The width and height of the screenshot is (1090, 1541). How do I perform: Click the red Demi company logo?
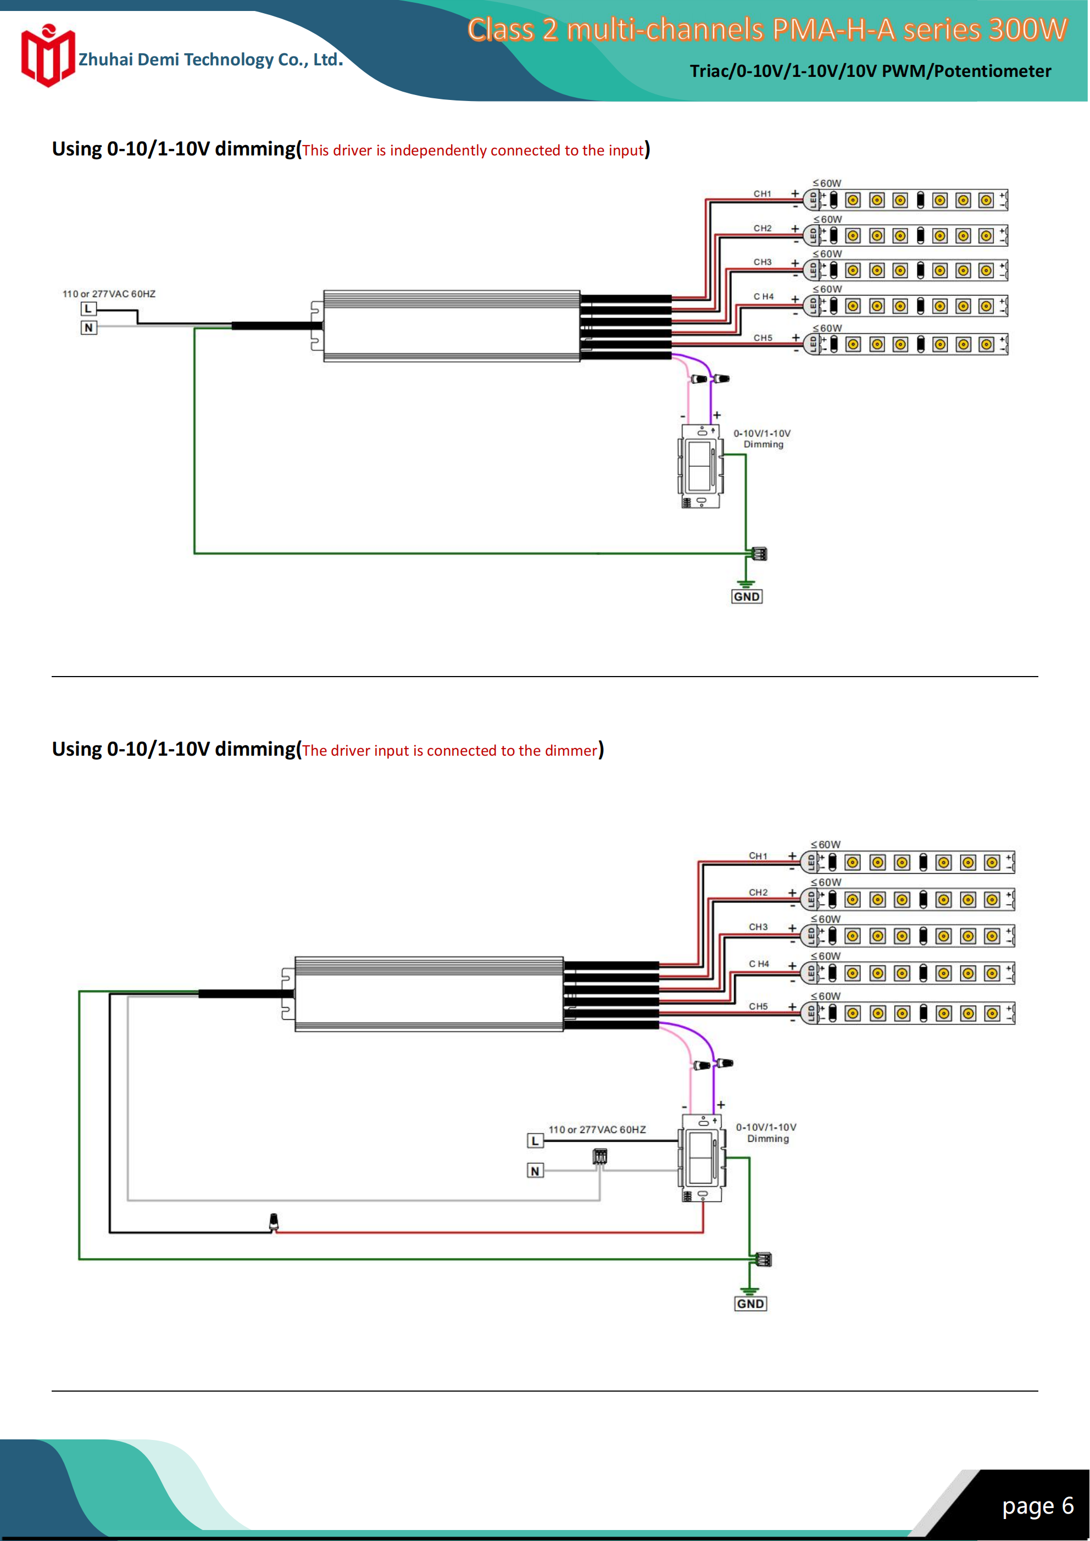47,57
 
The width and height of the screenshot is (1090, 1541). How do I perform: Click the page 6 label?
1038,1505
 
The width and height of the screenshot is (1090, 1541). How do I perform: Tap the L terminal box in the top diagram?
88,309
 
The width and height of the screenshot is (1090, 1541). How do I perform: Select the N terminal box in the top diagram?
88,327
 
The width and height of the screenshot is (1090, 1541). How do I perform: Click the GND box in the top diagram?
746,596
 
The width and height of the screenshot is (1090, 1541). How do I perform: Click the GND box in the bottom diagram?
750,1303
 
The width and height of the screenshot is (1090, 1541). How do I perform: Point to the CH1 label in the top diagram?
762,194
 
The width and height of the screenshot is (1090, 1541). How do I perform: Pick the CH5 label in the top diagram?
763,338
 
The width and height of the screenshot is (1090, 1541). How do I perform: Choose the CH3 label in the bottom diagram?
758,927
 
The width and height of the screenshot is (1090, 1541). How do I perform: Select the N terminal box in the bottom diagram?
535,1170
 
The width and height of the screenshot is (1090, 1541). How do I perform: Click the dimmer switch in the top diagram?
700,466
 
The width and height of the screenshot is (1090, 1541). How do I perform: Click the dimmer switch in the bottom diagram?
702,1158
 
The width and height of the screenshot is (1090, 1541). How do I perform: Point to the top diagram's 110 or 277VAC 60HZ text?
109,294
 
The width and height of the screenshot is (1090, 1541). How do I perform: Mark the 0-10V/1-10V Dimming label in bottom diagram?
766,1132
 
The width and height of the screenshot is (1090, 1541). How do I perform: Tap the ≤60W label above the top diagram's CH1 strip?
827,183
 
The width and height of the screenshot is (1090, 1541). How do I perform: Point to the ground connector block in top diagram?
759,554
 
